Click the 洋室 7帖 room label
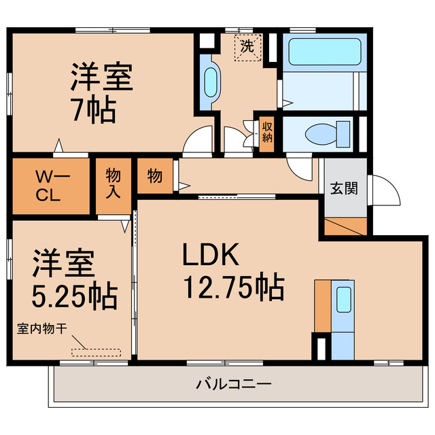pos(101,92)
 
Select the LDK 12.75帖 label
pos(231,272)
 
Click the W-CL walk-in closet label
pos(49,186)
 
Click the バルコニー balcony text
pos(234,384)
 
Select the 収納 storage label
pos(268,132)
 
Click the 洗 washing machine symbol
pos(247,48)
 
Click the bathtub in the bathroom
pos(324,51)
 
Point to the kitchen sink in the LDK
pos(343,299)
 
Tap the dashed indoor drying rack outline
pos(96,352)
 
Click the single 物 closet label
pos(155,177)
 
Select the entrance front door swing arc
pos(385,190)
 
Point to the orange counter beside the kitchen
pos(321,306)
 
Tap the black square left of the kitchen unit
pos(319,347)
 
